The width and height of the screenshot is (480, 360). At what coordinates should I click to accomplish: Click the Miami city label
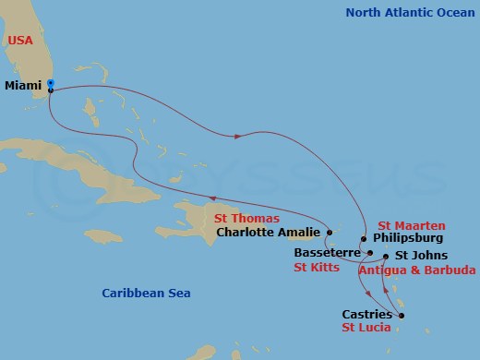[23, 85]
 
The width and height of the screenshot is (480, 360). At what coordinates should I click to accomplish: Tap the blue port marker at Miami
[51, 84]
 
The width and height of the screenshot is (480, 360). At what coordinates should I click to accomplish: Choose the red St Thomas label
[246, 219]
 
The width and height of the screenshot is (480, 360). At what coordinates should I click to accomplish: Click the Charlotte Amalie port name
[269, 233]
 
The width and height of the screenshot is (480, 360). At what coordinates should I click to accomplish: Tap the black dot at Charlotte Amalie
[329, 233]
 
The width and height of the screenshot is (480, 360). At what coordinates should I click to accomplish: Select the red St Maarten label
[413, 225]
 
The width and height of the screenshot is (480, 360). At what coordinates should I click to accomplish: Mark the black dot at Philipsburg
[366, 239]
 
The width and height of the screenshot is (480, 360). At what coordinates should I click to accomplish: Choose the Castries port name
[366, 315]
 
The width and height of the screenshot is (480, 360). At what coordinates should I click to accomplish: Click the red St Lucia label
[366, 329]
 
